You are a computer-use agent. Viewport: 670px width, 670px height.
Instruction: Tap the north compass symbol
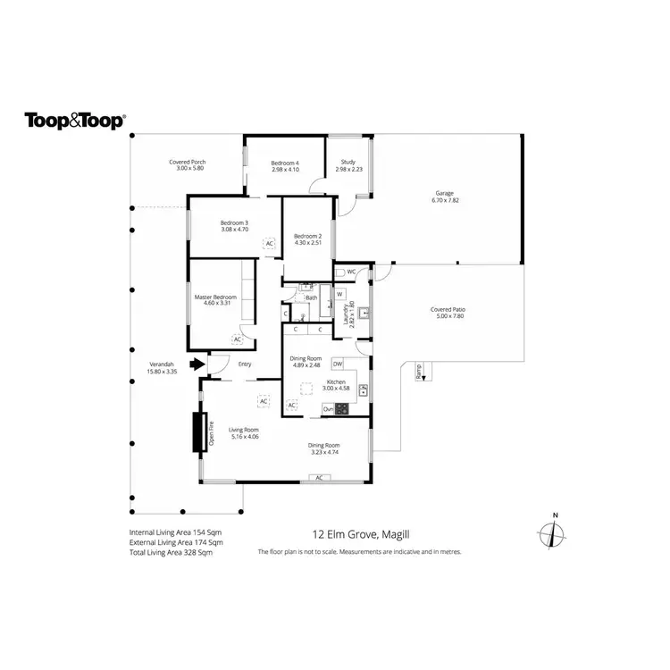coord(554,534)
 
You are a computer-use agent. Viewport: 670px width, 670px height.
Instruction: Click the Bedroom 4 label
coord(286,163)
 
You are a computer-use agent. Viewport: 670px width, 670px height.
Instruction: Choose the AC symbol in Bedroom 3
coord(268,243)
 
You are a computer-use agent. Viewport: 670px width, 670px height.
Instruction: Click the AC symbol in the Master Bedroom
coord(237,339)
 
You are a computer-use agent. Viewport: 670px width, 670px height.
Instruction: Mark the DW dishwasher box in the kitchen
coord(338,364)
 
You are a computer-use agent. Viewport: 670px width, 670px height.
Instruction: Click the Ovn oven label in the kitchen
coord(329,409)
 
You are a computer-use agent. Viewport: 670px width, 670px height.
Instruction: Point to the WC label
coord(351,272)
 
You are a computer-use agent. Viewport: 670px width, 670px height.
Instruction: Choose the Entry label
coord(245,364)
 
